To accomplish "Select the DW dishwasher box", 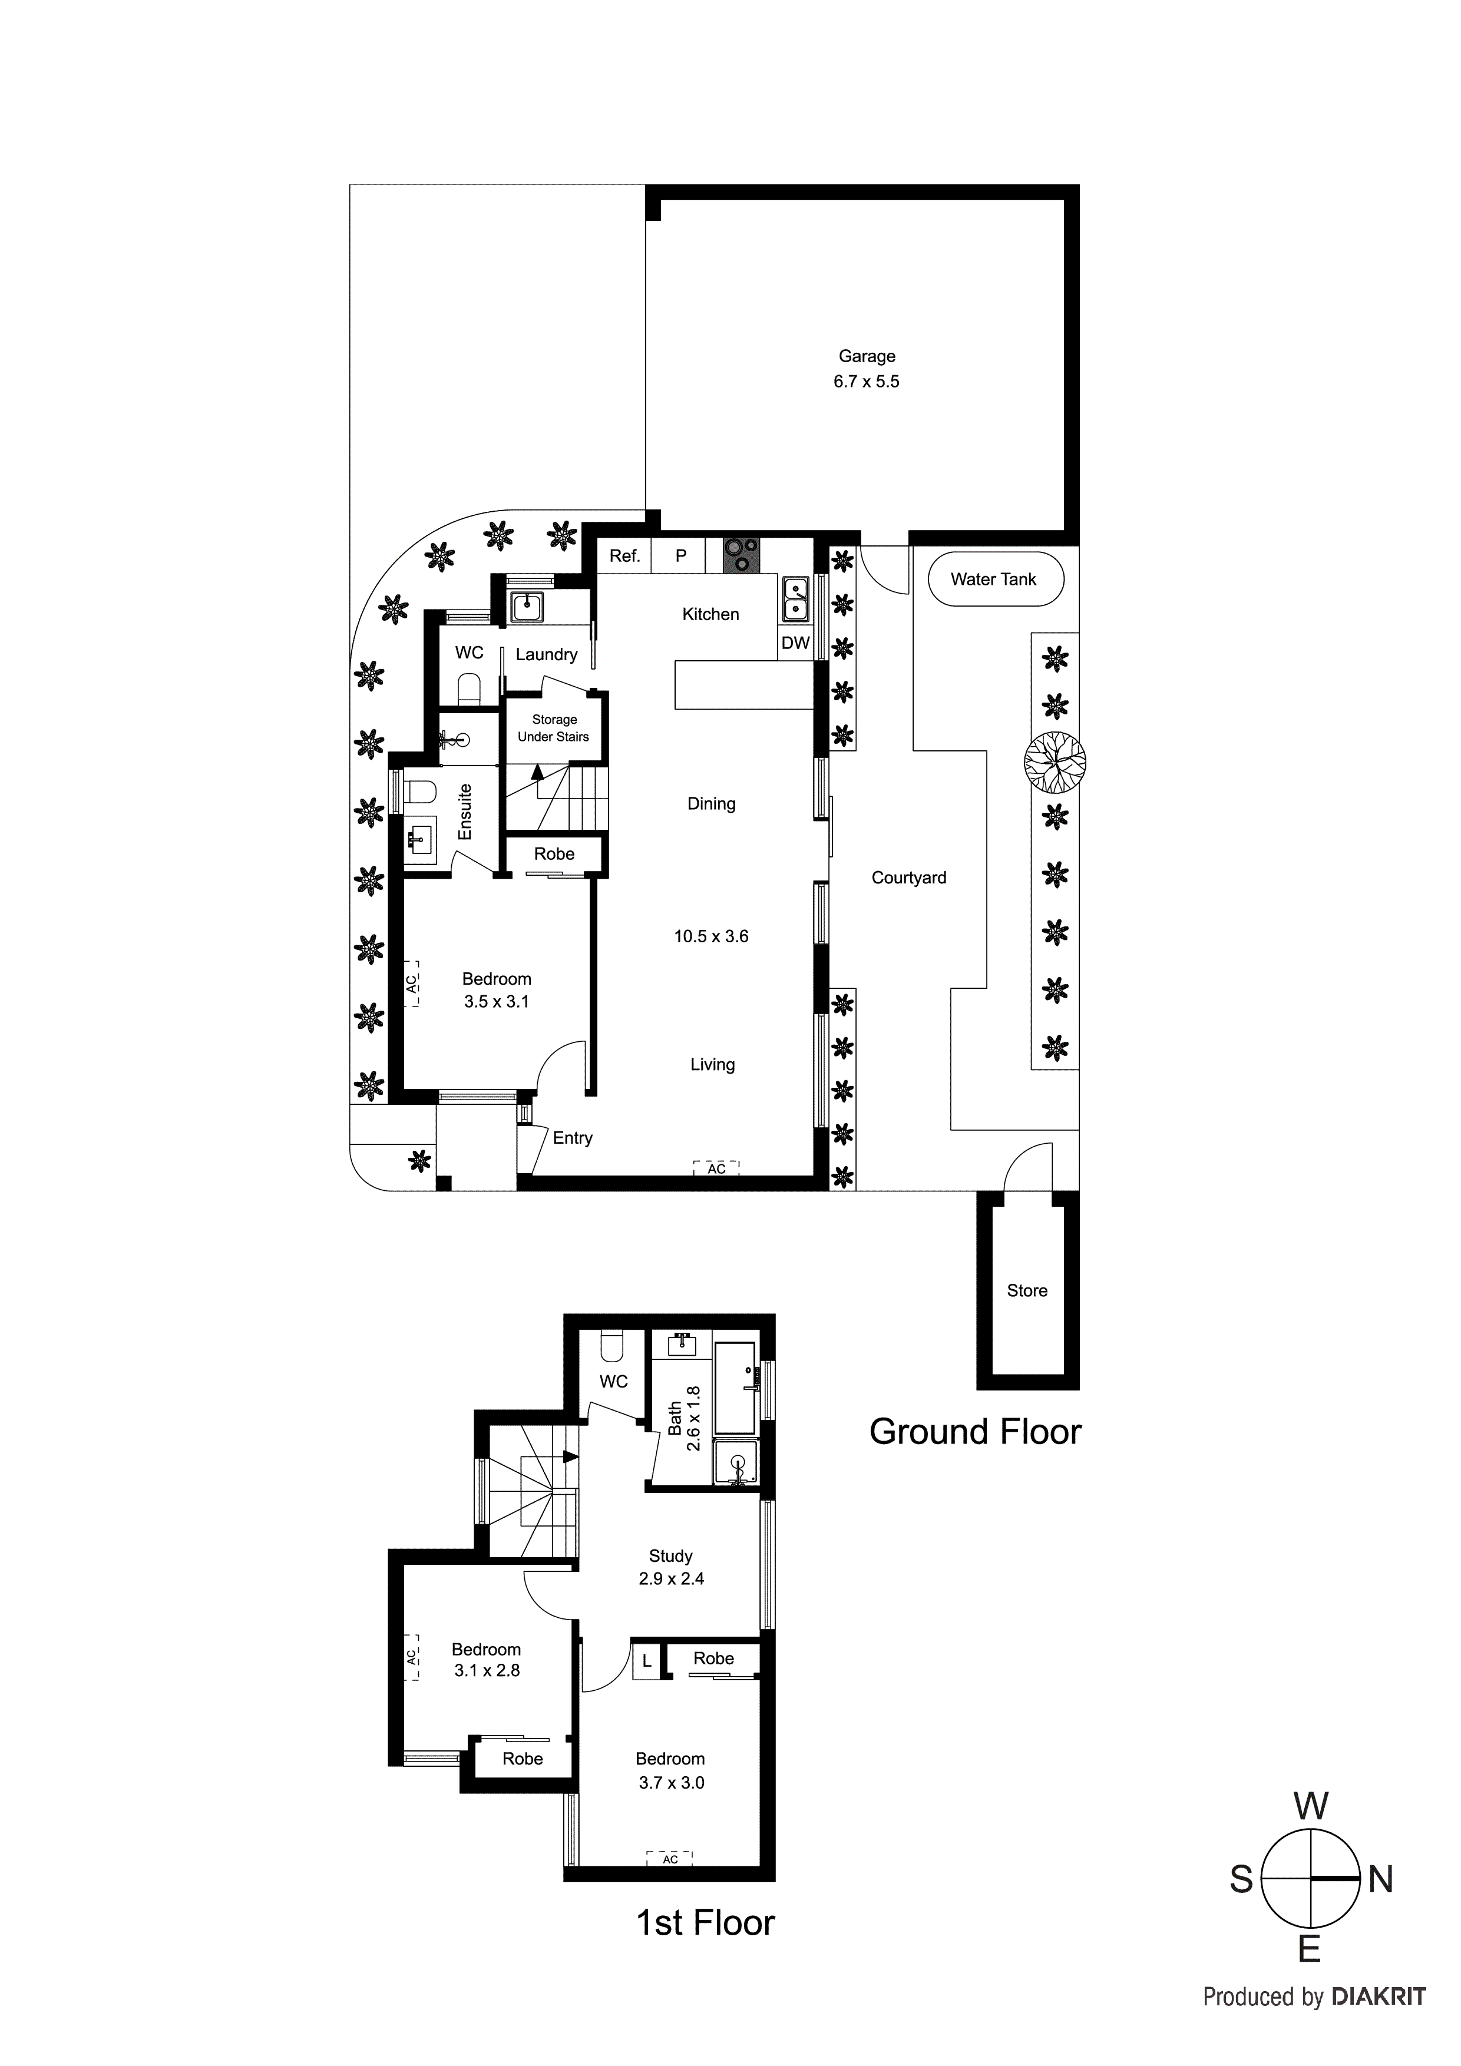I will pos(795,643).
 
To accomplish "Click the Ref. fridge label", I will pos(624,556).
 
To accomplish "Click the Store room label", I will pos(1026,1290).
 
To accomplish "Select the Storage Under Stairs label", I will pos(554,728).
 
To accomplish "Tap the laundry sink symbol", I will pos(525,607).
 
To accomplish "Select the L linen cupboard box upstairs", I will pos(646,1662).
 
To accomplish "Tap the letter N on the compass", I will pos(1380,1880).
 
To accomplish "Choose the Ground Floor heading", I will pos(975,1432).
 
